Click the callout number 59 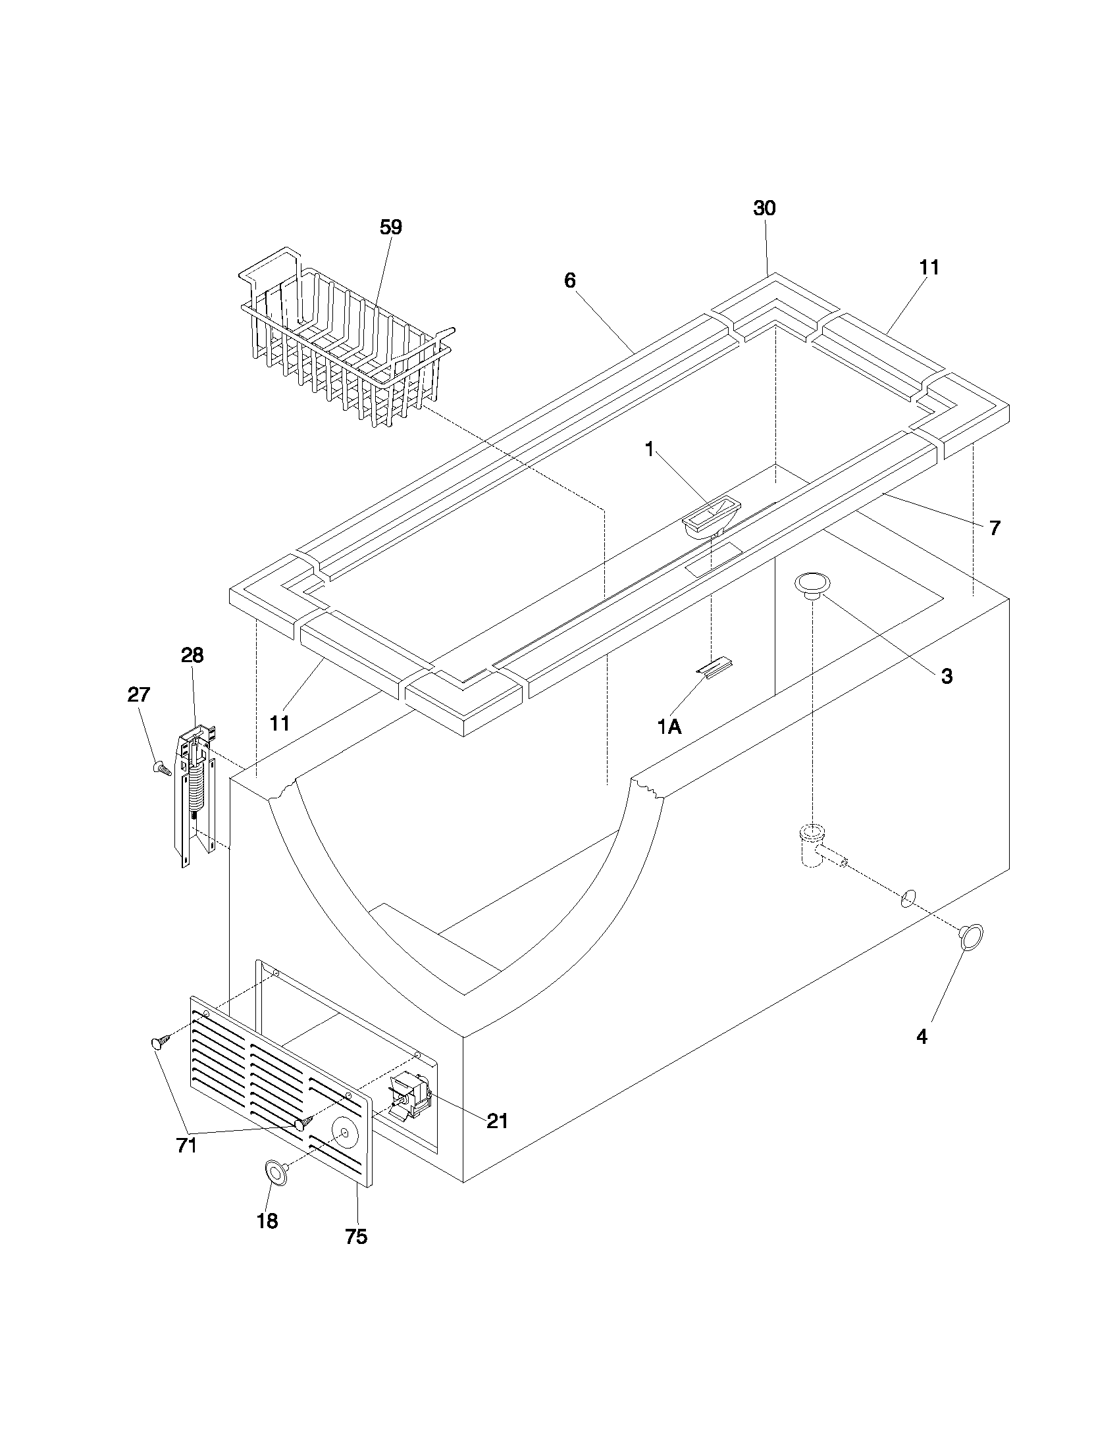click(x=390, y=228)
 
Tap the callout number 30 click(x=764, y=208)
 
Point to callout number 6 click(x=570, y=280)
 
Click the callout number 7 click(x=995, y=529)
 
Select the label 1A click(x=669, y=727)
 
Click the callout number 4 click(x=922, y=1037)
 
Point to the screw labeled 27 click(x=161, y=767)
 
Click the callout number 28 click(x=192, y=655)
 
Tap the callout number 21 click(x=497, y=1121)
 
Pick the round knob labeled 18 click(x=276, y=1172)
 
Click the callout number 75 click(x=356, y=1237)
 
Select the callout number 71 click(x=187, y=1145)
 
